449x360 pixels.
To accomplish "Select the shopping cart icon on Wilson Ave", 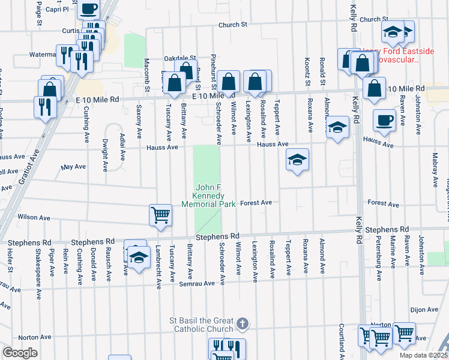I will tap(160, 215).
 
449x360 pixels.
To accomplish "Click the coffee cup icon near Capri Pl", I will tap(89, 10).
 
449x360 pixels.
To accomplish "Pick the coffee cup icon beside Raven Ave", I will tap(384, 119).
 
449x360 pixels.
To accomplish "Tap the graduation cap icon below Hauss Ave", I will tap(297, 160).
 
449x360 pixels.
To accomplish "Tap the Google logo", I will tap(20, 353).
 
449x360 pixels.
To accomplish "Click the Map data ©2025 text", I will tap(423, 355).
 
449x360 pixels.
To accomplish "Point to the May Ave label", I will tap(74, 167).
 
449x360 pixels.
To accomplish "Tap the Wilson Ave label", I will tap(31, 217).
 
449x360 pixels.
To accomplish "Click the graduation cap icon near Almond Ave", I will tap(338, 127).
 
